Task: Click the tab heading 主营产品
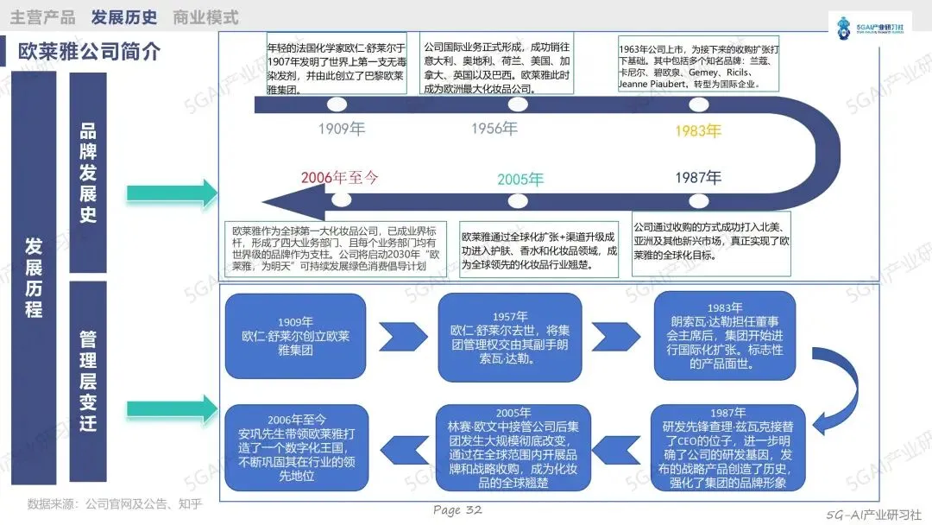(x=42, y=17)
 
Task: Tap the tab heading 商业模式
(x=205, y=17)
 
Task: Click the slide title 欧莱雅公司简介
(x=90, y=52)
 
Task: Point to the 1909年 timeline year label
(x=342, y=130)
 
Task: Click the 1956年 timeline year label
(x=494, y=129)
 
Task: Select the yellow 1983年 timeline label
(x=697, y=131)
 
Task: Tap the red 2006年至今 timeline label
(x=340, y=178)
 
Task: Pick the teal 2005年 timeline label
(x=520, y=180)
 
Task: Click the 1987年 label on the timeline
(x=698, y=178)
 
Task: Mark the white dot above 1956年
(x=518, y=104)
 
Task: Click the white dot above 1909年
(x=337, y=104)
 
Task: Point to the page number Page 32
(x=457, y=510)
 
